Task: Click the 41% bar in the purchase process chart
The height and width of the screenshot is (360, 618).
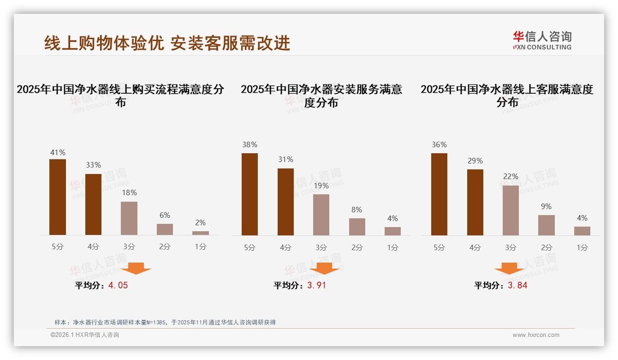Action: (x=58, y=197)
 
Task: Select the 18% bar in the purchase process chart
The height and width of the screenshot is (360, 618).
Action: (x=129, y=218)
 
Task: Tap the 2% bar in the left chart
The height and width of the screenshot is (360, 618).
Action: (x=201, y=233)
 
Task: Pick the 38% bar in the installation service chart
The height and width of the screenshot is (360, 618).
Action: (x=250, y=194)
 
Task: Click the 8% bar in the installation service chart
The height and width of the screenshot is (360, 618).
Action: (x=357, y=227)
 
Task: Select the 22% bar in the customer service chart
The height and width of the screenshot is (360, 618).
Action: (x=511, y=210)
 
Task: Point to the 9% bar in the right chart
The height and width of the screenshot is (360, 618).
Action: (x=547, y=225)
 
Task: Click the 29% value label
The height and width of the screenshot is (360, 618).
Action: (x=475, y=161)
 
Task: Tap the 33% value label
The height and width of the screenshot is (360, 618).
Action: (x=94, y=165)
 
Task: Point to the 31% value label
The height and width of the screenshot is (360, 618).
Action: (x=285, y=160)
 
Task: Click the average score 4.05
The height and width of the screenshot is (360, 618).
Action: (x=118, y=285)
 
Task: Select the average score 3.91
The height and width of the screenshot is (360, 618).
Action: (x=316, y=285)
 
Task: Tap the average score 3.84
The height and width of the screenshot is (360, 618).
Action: (x=517, y=285)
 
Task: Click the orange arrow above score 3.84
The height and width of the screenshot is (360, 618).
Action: (x=509, y=268)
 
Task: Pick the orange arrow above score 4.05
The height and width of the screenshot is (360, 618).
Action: (x=136, y=268)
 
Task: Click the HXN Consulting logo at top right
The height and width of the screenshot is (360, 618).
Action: (x=542, y=40)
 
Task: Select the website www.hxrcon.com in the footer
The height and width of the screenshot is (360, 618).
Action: (x=536, y=335)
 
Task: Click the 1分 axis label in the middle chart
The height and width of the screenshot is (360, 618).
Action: (x=393, y=247)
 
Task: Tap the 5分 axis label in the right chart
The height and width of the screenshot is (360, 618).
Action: (x=439, y=247)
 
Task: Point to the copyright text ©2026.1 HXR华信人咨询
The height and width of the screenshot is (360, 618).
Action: (x=85, y=335)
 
